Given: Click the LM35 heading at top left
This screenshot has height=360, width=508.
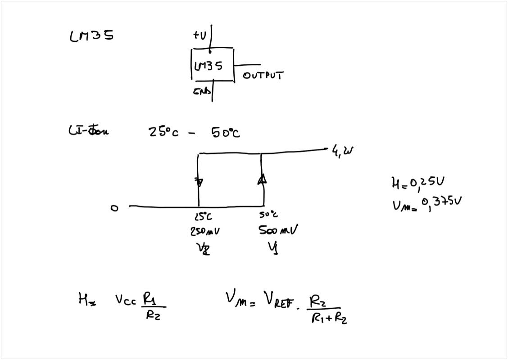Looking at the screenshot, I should [x=91, y=36].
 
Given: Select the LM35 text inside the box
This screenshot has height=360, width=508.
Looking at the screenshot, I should [x=208, y=66].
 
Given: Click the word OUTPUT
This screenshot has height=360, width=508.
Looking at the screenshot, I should [x=263, y=76].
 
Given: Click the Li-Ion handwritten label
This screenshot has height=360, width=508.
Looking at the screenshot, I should [x=88, y=131].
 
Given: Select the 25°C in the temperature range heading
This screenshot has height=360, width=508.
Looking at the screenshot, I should [x=163, y=133].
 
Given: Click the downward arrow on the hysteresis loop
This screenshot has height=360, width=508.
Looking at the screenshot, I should [x=199, y=182].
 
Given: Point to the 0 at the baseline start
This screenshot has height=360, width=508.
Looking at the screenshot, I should [x=114, y=208].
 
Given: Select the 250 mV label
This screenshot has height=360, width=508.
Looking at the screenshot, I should [x=205, y=231].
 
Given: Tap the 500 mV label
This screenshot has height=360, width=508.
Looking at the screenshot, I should [x=278, y=230].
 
